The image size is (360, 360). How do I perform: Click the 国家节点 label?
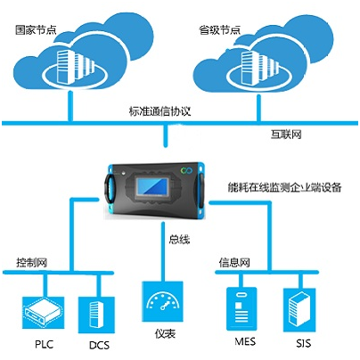coord(36,30)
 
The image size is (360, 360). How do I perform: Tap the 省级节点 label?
coord(219,30)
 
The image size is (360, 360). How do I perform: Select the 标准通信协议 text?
coord(160,111)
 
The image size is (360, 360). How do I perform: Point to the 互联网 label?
coord(286,135)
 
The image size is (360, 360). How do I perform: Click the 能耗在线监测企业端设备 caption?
coord(284,187)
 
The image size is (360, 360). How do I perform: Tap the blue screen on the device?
coord(152,187)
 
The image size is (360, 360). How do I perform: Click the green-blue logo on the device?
coord(187,170)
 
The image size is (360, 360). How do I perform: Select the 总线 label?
coord(179,240)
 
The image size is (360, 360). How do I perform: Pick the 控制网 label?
coord(31,263)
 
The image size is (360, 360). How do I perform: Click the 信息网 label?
coord(234,263)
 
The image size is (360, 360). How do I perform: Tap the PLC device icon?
coord(44,312)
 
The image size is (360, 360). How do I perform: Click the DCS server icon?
coord(96,315)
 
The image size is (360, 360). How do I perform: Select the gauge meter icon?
coord(162,301)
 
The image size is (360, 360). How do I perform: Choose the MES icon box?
coord(241,309)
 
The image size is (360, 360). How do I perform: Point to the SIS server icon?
coord(299,310)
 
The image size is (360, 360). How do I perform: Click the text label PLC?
coord(44,344)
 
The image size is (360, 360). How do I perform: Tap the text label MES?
coord(245,341)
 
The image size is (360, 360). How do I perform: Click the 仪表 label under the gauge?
coord(165,333)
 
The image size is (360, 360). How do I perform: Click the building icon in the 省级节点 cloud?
coord(259,68)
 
